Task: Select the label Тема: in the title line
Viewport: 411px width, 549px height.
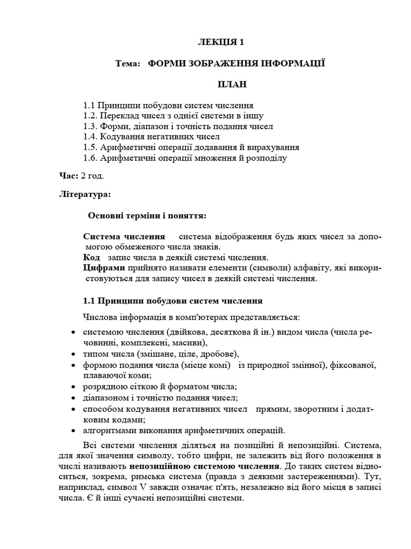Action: [127, 64]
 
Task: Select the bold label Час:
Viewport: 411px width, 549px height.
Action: [68, 176]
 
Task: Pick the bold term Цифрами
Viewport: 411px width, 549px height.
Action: [104, 268]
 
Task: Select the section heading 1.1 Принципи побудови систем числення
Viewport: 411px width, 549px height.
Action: [172, 301]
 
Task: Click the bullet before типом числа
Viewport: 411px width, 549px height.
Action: [73, 354]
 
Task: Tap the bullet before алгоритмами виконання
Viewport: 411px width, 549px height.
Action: [73, 431]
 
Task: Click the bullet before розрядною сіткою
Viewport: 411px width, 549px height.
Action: [73, 387]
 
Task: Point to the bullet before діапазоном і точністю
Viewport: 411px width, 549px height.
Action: [73, 398]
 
